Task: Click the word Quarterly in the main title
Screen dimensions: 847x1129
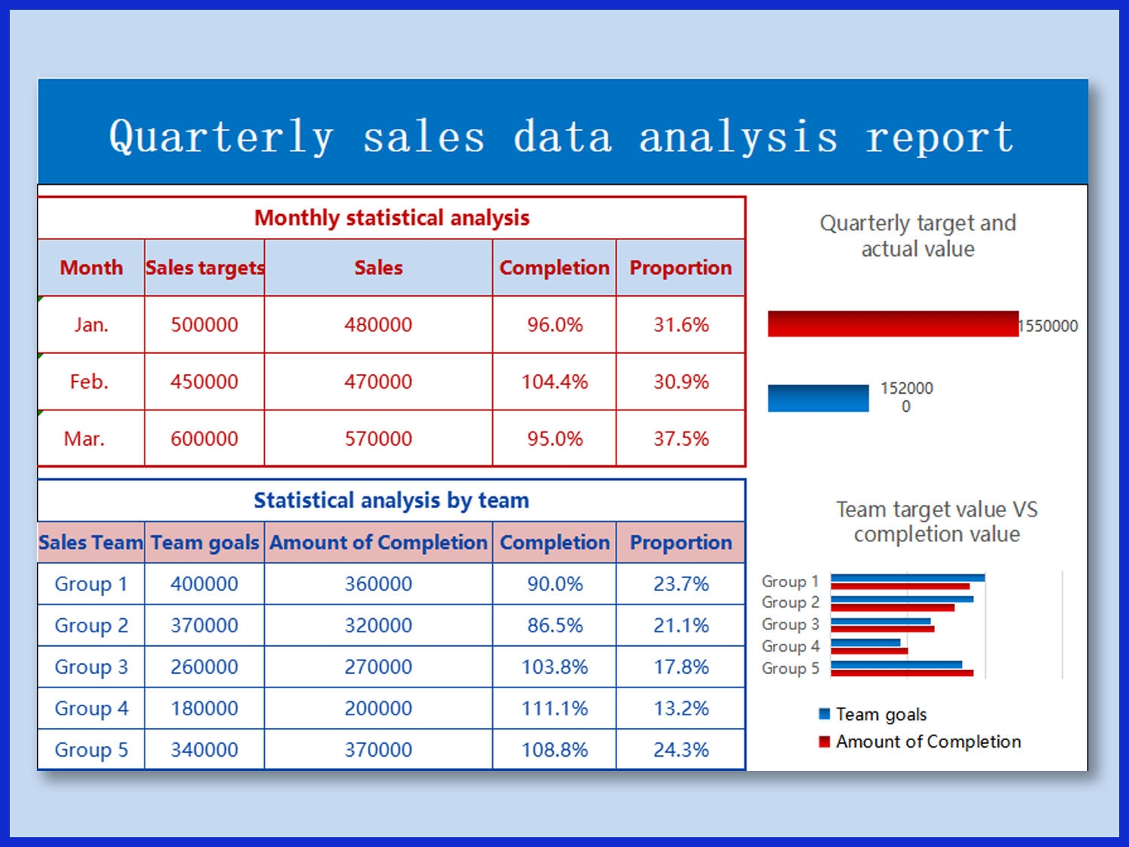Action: point(221,138)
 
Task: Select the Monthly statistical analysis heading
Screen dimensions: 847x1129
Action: point(391,218)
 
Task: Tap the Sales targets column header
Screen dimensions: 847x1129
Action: point(204,268)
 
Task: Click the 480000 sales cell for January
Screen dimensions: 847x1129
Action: point(378,324)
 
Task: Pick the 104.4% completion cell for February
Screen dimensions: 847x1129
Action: point(554,382)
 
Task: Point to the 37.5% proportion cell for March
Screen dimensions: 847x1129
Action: point(680,439)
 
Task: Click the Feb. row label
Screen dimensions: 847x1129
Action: point(90,382)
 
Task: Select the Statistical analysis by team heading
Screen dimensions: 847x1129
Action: point(391,501)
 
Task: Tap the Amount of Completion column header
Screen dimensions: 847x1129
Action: point(378,543)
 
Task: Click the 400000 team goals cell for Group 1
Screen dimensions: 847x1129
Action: point(204,584)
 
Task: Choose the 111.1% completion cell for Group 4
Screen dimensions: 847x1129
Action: point(554,708)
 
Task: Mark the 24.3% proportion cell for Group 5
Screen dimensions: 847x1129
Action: point(680,750)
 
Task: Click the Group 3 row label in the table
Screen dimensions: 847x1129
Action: point(91,667)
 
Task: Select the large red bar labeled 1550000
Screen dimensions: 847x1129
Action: point(892,324)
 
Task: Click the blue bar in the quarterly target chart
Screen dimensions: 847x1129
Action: point(818,398)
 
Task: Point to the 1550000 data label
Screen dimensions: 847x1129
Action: point(1048,326)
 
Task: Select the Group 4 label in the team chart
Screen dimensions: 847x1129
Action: point(790,647)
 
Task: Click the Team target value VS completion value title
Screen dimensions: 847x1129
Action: point(936,522)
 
